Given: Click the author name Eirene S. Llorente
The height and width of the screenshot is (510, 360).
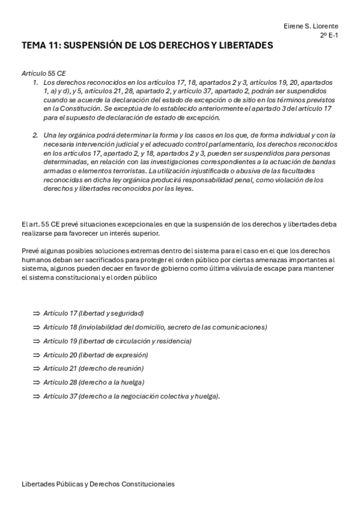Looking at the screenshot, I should pyautogui.click(x=310, y=26).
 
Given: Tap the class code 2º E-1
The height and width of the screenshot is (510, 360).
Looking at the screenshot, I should pyautogui.click(x=329, y=35).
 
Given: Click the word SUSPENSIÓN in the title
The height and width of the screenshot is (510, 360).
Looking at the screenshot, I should pyautogui.click(x=97, y=46).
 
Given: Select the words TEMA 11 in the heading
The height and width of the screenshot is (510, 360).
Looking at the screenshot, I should pyautogui.click(x=40, y=46).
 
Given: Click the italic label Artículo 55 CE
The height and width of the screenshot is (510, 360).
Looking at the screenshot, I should pyautogui.click(x=44, y=73).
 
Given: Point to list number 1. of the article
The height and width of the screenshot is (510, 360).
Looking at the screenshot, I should pyautogui.click(x=36, y=81).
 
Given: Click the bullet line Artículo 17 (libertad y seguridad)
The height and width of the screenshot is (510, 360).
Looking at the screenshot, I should pyautogui.click(x=93, y=313).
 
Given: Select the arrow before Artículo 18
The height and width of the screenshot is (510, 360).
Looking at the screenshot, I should pyautogui.click(x=36, y=327).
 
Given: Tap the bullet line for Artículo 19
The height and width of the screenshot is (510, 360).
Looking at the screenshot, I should pyautogui.click(x=117, y=341).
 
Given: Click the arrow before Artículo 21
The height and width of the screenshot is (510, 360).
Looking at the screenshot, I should pyautogui.click(x=36, y=368).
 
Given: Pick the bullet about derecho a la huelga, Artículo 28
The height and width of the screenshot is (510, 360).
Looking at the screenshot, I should pyautogui.click(x=94, y=382).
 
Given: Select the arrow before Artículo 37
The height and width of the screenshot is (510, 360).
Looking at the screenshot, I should pyautogui.click(x=36, y=396).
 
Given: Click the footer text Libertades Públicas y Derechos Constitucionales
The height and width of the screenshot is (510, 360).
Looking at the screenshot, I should pyautogui.click(x=98, y=484).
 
